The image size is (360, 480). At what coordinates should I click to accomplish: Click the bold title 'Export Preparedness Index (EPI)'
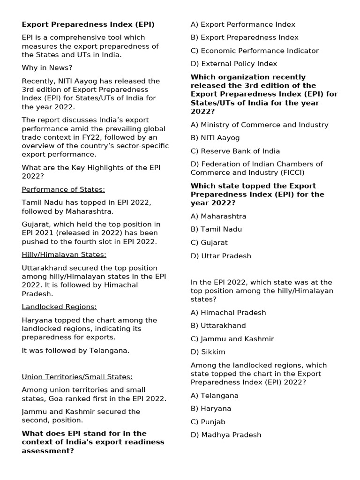tap(88, 24)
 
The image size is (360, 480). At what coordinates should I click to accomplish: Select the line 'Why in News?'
tap(47, 68)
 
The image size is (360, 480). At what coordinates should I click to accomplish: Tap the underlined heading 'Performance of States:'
tap(63, 189)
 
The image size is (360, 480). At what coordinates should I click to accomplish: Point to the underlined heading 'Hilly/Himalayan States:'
tap(64, 255)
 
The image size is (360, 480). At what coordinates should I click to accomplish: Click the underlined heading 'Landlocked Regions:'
tap(59, 307)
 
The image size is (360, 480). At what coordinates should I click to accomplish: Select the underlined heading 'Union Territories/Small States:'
tap(77, 376)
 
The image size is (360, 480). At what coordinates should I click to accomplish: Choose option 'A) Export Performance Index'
tap(243, 24)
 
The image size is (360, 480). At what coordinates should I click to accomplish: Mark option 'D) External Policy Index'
tap(234, 64)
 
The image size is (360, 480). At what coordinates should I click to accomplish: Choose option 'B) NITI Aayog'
tap(215, 138)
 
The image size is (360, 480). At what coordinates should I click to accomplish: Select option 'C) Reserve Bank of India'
tap(235, 151)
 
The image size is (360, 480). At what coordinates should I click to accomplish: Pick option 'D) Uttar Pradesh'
tap(221, 256)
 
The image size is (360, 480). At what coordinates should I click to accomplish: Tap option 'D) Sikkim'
tap(208, 352)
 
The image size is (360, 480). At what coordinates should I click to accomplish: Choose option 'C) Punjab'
tap(208, 422)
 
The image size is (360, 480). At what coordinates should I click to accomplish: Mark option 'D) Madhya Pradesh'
tap(226, 435)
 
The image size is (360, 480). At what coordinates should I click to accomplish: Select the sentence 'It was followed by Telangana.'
tap(75, 350)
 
